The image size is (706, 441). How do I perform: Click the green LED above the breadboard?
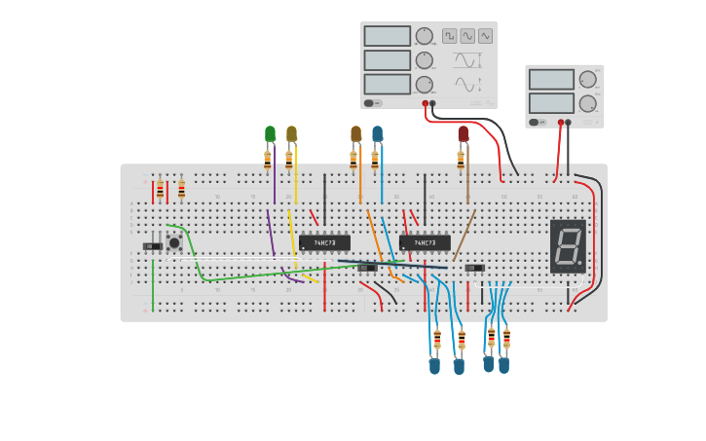point(270,133)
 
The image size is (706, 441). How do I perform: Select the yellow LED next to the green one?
point(291,133)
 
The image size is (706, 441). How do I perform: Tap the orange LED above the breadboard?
point(355,133)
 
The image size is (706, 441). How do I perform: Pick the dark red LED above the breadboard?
point(463,133)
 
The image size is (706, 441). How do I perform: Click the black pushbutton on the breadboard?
point(174,242)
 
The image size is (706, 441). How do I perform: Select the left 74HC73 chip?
point(324,242)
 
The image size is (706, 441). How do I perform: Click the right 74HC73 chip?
point(425,242)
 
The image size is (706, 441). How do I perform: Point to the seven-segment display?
point(568,245)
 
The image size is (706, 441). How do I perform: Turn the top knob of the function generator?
point(424,36)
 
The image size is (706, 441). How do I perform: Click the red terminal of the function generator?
point(426,103)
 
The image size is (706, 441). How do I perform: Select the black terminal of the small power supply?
point(569,123)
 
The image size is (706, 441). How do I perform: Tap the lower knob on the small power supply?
point(587,103)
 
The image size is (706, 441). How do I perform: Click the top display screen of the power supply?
point(551,79)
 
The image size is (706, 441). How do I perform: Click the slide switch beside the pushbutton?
point(153,246)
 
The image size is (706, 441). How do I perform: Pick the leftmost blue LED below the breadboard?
point(434,367)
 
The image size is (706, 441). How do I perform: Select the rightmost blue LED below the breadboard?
point(503,366)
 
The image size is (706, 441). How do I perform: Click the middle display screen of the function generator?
point(387,59)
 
